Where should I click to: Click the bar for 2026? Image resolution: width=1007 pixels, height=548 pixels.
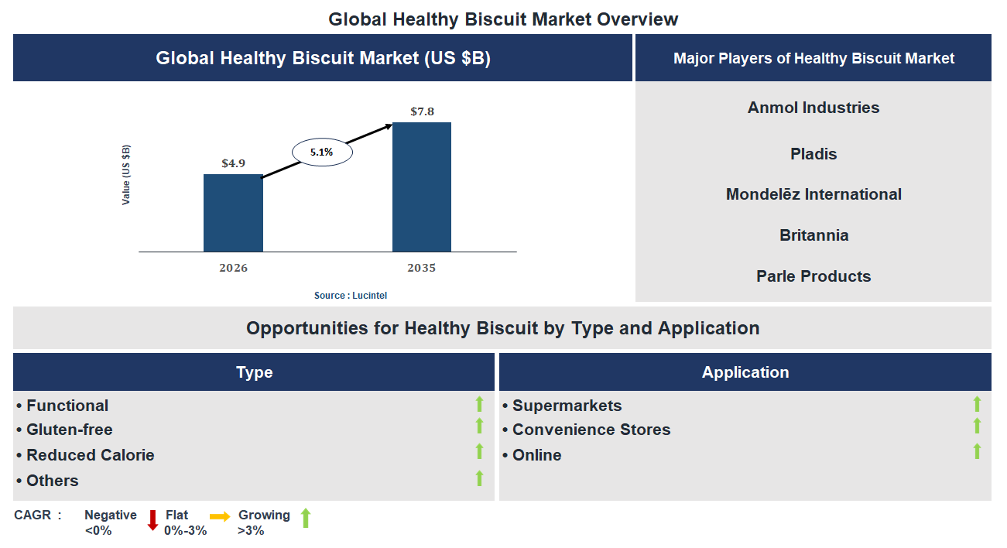tap(233, 213)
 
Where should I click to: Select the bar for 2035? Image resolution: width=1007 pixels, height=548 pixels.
tap(422, 187)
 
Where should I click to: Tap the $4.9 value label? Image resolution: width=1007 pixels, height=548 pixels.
tap(233, 163)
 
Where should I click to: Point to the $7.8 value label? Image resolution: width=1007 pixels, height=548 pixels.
tap(422, 111)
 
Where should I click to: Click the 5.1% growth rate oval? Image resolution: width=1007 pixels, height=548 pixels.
tap(322, 152)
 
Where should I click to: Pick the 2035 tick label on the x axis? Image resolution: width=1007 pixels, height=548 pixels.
tap(422, 268)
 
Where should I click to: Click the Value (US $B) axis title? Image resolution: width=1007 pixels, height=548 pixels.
tap(126, 175)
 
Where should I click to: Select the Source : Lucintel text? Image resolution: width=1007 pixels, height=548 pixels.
tap(350, 296)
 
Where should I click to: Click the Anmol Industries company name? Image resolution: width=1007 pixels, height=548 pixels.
tap(813, 108)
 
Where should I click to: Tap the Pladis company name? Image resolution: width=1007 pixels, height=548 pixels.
tap(813, 154)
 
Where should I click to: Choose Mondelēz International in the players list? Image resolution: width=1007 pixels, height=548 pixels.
tap(813, 194)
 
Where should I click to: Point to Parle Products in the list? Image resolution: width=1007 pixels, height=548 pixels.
tap(813, 276)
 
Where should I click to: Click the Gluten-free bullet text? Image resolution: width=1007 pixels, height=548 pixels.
tap(69, 430)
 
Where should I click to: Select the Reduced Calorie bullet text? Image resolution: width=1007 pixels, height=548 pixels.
tap(90, 455)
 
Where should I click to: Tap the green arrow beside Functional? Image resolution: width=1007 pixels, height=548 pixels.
tap(479, 404)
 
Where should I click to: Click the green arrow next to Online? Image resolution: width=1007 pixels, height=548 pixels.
tap(977, 451)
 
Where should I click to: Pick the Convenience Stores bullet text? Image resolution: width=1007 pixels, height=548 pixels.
tap(591, 430)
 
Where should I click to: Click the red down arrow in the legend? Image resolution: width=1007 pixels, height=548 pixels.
tap(152, 520)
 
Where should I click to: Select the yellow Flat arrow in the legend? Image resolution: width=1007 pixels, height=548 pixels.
tap(220, 517)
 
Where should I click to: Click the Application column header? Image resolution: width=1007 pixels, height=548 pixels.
tap(745, 372)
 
